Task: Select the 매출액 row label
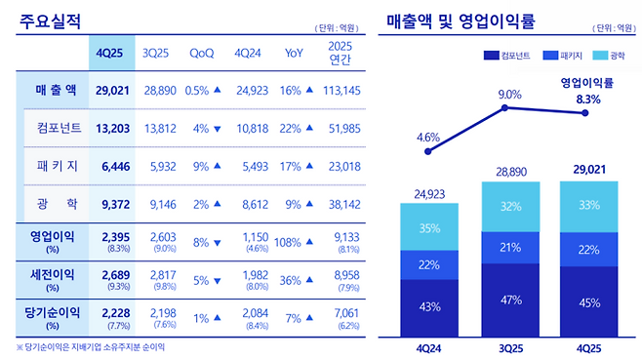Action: (x=48, y=90)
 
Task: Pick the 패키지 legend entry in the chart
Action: (x=573, y=56)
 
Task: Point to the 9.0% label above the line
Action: (x=504, y=94)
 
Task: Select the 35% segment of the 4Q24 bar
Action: (x=428, y=229)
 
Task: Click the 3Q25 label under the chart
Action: (x=505, y=344)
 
